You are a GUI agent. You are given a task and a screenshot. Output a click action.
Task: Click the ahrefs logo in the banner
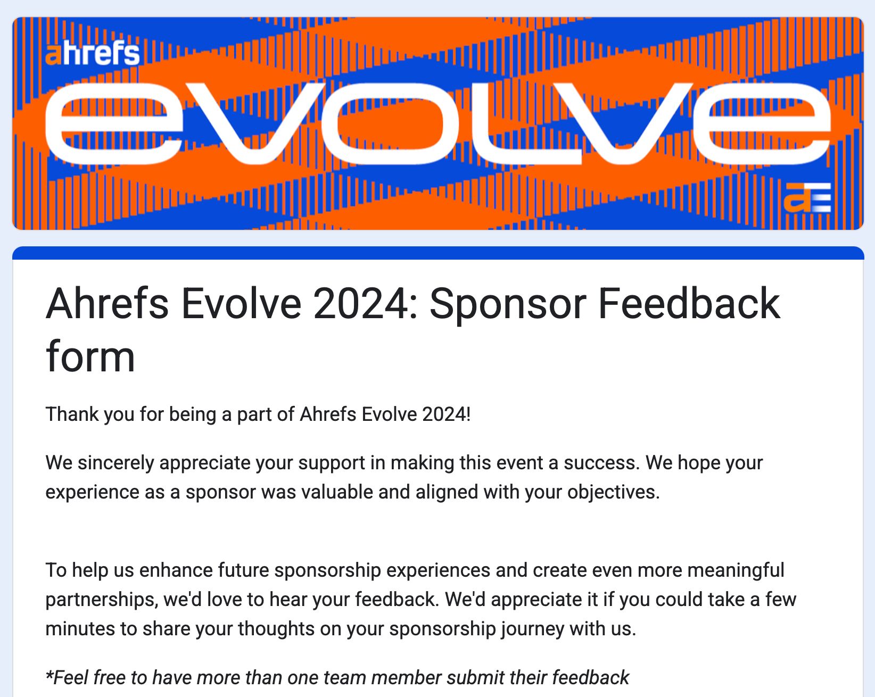[x=93, y=53]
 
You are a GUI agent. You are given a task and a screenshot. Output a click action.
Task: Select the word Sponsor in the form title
[x=509, y=304]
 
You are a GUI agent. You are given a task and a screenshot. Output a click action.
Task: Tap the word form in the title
[x=90, y=357]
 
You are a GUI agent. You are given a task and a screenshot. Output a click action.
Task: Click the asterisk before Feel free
[x=49, y=676]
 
